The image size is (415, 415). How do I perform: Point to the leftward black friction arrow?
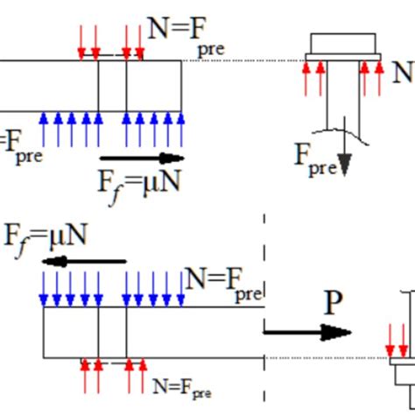tap(88, 261)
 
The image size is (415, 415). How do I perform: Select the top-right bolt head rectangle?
tap(343, 43)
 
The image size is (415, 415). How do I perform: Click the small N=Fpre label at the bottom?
tap(181, 385)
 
